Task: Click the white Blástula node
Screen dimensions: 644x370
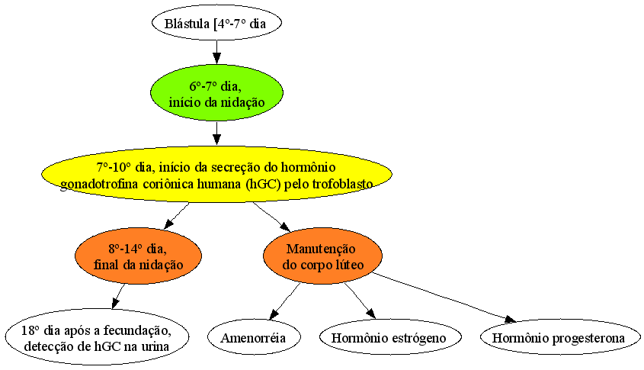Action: (216, 23)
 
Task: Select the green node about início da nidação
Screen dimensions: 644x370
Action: (216, 92)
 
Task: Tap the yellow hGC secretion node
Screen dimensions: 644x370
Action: (216, 174)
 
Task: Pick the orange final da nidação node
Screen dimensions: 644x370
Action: (139, 256)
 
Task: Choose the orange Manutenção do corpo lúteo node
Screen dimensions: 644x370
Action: (323, 256)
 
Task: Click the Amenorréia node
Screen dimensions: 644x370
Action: (254, 337)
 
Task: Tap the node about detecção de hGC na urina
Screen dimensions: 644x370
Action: (98, 337)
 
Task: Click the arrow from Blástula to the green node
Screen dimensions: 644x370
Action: (216, 52)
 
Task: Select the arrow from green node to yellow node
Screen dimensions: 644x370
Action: (216, 133)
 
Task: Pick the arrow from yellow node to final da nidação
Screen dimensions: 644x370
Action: (177, 215)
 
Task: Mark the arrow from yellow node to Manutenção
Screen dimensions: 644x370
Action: (271, 217)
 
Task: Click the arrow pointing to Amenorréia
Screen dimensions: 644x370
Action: (284, 301)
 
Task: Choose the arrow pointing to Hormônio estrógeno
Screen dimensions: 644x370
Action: (360, 301)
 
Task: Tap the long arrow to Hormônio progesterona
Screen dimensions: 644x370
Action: (444, 298)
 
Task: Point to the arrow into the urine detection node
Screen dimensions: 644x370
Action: (118, 296)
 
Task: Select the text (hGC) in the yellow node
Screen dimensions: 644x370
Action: (263, 183)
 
